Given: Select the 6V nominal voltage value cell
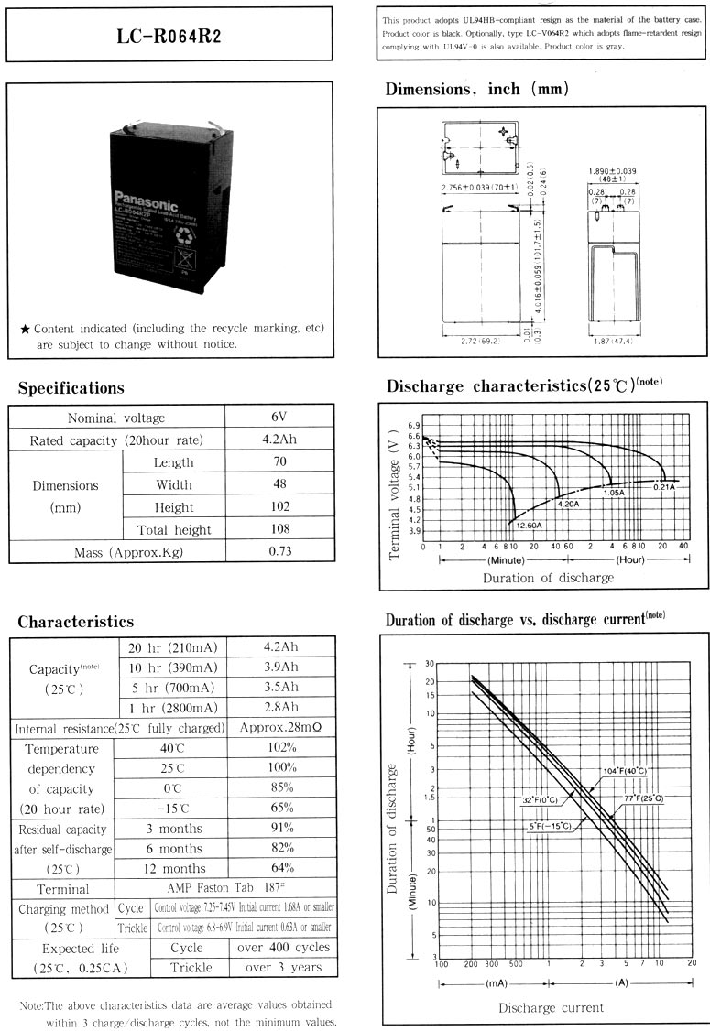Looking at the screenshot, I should click(279, 417).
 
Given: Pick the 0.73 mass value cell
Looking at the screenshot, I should click(279, 552).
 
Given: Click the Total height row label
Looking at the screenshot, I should click(174, 529).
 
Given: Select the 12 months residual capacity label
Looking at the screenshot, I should click(169, 868).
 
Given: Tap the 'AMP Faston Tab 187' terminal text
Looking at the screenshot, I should click(224, 888).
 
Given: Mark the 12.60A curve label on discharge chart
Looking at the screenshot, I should click(527, 526).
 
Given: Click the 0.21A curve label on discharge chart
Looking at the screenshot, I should click(664, 486).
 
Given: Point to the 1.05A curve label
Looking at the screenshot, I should click(613, 493).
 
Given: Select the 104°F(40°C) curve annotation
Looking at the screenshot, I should click(624, 771).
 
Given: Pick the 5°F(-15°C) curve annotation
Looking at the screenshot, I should click(549, 826).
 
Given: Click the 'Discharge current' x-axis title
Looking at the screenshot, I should click(551, 1007).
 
